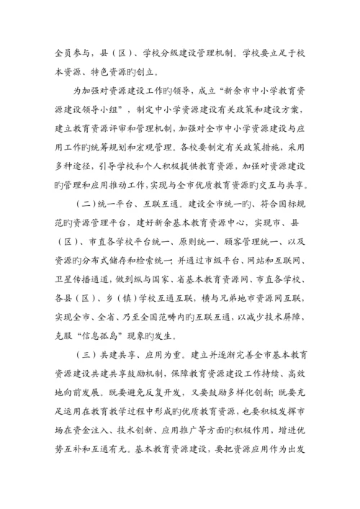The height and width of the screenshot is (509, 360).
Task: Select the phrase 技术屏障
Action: tap(285, 334)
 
